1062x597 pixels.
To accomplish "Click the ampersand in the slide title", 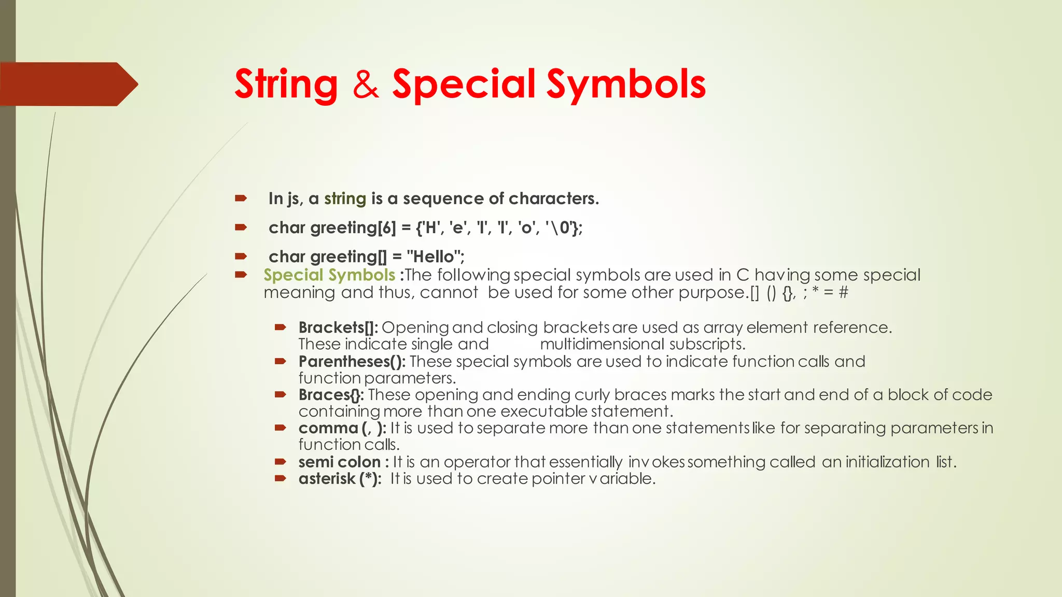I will tap(366, 84).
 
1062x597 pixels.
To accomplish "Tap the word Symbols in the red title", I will tap(626, 84).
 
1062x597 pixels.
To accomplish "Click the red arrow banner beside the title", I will tap(67, 84).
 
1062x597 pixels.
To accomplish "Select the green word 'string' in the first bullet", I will tap(345, 198).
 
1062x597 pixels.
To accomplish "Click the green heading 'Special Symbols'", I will tap(329, 275).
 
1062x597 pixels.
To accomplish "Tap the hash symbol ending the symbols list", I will tap(843, 292).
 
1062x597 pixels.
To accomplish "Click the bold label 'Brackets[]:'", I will tap(338, 328).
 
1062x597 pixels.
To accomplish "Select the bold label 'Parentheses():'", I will tap(352, 361).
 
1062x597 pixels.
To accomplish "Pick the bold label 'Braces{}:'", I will tap(331, 395).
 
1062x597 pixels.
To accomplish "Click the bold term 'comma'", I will tap(328, 428).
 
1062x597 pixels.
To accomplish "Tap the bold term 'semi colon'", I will tap(340, 462).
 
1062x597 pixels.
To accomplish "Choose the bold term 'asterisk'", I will tap(327, 478).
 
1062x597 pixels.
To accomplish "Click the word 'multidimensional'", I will tap(602, 344).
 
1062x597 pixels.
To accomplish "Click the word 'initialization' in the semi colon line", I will tap(887, 462).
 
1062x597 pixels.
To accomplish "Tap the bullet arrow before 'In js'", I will tap(241, 198).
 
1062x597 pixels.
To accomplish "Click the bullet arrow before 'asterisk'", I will tap(281, 478).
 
